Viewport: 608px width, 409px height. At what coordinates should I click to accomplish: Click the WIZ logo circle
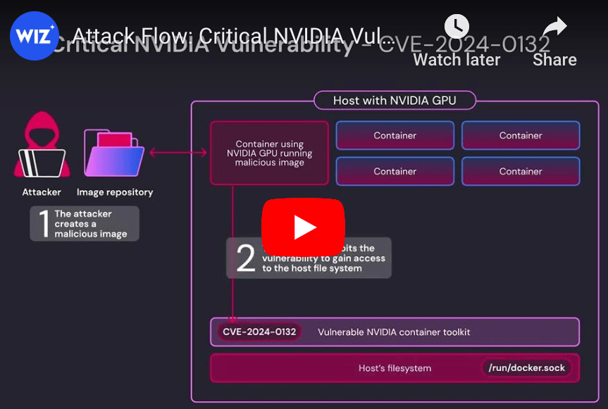click(35, 35)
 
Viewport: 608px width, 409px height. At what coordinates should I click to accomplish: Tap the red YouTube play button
click(304, 226)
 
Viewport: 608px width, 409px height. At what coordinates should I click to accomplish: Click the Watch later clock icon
click(457, 27)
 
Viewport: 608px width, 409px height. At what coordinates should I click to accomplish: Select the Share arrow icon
click(555, 27)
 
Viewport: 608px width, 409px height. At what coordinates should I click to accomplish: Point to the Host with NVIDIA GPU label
click(395, 101)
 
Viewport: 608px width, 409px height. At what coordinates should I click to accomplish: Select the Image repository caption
click(115, 192)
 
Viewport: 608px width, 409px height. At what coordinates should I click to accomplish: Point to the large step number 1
click(43, 224)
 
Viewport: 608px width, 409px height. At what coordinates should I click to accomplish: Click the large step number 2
click(245, 258)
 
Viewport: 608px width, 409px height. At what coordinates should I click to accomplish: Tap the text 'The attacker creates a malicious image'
click(91, 224)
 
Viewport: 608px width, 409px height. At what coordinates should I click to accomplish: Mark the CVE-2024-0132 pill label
click(259, 332)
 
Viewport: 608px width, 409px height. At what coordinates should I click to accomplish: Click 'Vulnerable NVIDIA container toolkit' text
click(394, 332)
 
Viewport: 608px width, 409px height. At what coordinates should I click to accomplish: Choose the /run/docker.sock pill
click(527, 368)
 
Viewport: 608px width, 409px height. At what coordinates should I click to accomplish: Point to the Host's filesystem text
click(395, 368)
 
